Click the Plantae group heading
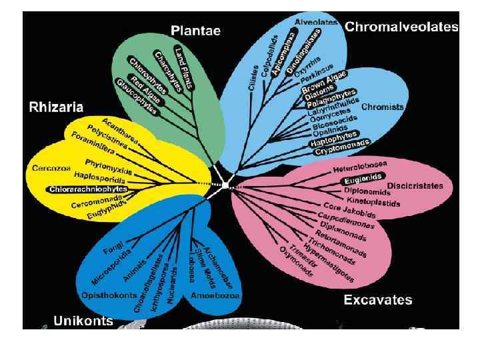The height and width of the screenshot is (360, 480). point(195,31)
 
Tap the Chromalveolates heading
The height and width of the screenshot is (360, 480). point(401,27)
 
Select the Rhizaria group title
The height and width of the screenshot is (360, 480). point(56,107)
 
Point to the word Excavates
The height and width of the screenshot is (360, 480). point(377,300)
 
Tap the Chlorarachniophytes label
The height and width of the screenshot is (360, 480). point(88,189)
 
